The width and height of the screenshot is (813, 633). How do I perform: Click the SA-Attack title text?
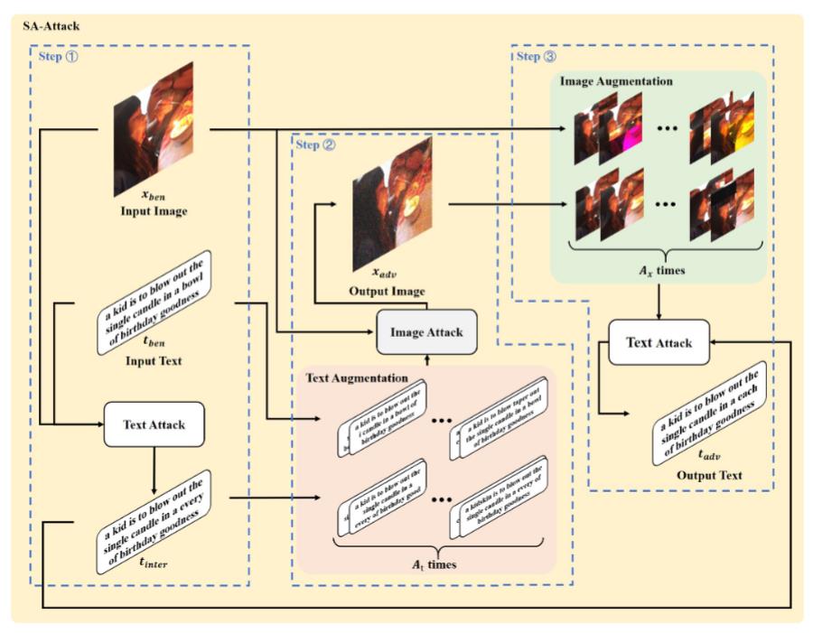tap(51, 25)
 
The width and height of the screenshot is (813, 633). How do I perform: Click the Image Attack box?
tap(425, 332)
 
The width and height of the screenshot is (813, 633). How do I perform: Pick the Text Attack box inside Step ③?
tap(659, 343)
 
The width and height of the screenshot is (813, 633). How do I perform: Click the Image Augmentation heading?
tap(616, 81)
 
